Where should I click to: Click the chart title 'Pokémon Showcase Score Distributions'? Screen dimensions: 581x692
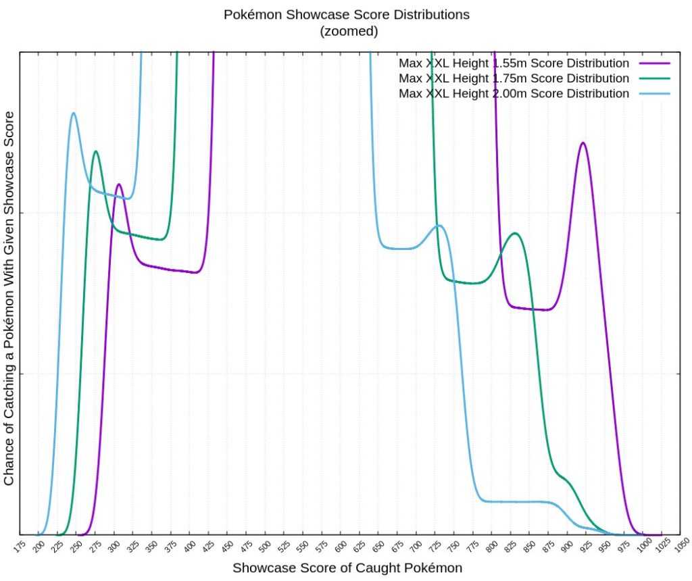tap(347, 14)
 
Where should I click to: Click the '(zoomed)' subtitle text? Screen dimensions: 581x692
tap(347, 30)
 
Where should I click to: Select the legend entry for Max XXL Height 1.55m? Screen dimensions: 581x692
tap(514, 64)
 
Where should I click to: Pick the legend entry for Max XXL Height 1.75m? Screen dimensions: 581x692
tap(514, 78)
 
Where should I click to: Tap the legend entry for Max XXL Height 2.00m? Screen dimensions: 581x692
tap(514, 93)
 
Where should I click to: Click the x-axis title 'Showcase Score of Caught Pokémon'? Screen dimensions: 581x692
tap(347, 568)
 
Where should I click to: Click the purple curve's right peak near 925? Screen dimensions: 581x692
tap(583, 143)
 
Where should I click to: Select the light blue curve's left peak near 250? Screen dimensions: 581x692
tap(73, 113)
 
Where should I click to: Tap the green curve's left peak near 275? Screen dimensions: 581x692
tap(96, 151)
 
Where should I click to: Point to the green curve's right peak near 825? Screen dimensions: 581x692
tap(516, 233)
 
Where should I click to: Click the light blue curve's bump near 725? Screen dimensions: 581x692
tap(439, 225)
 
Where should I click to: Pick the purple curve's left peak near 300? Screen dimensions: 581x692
tap(119, 184)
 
